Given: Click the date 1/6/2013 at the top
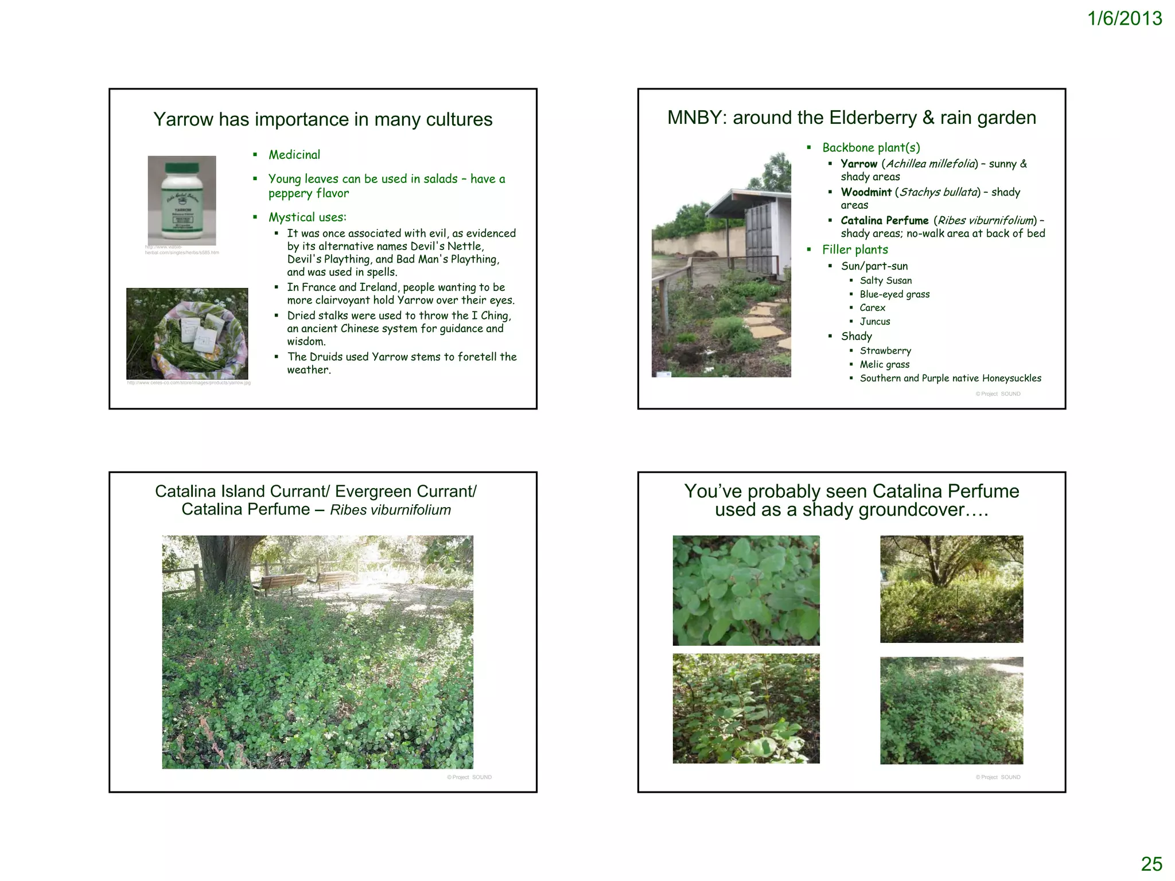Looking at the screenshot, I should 1124,19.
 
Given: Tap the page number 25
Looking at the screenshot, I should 1151,864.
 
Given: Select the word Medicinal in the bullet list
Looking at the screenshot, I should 294,155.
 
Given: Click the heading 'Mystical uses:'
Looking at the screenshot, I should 308,217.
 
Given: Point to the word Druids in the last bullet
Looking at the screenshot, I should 328,357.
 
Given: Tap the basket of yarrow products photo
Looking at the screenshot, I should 187,333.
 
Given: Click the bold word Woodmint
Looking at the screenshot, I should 866,192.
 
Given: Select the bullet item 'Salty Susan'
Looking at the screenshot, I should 885,280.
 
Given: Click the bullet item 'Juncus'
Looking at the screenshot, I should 874,322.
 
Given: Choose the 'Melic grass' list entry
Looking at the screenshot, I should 884,364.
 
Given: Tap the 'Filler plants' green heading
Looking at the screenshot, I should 855,250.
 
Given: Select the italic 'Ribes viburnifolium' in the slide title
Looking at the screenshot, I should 390,510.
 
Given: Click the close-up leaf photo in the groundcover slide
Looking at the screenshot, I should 746,590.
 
